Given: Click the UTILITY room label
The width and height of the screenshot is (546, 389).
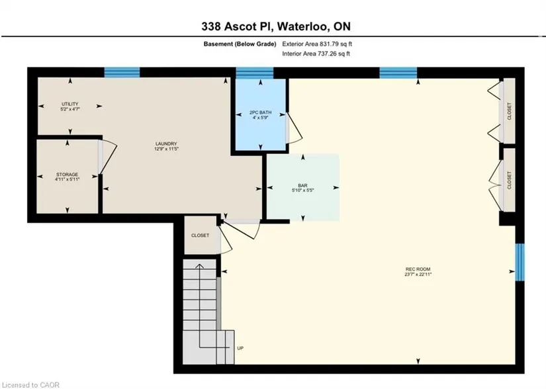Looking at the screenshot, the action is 70,104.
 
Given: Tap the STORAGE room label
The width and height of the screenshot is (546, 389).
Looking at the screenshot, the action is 68,174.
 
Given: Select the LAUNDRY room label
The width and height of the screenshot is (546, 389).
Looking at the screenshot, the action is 166,144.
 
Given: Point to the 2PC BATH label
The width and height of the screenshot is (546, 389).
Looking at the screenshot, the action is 261,112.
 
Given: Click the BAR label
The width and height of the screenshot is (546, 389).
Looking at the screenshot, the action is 302,185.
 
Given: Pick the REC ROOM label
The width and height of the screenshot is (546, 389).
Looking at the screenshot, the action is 418,269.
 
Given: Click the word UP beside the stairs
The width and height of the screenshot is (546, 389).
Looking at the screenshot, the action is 240,348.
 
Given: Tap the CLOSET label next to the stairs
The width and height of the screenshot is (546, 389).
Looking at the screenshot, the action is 201,236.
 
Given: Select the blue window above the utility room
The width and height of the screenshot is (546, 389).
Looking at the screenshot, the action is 122,72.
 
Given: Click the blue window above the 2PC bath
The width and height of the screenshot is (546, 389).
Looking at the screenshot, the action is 255,73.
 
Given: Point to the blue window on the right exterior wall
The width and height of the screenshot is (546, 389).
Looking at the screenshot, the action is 520,262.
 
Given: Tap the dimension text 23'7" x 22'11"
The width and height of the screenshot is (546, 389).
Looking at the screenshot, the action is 418,274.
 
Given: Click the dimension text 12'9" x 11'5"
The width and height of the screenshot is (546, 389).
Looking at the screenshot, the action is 166,149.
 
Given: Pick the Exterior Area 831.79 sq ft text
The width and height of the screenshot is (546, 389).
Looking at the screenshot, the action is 317,44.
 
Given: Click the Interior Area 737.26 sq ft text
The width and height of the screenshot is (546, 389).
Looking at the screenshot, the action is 316,54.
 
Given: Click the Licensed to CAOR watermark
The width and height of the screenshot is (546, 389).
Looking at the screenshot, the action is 30,385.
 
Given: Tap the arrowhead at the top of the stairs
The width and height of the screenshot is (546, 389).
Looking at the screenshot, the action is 199,266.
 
